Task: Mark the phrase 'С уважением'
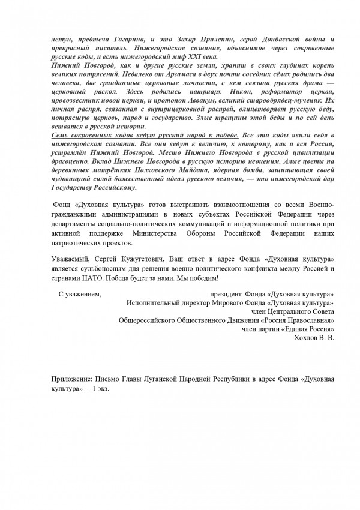click(79, 295)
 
